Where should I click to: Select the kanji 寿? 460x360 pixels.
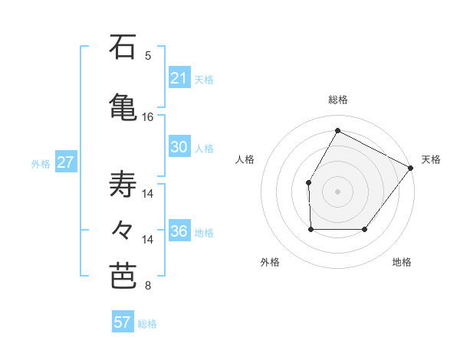pos(123,185)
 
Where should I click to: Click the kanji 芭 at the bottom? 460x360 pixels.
pos(123,276)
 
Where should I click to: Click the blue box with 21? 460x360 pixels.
pos(179,78)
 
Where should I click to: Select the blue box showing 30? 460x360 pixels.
pos(179,148)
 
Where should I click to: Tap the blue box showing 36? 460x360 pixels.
pos(179,231)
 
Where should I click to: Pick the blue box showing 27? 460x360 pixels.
pos(66,162)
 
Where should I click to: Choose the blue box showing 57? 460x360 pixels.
pos(123,322)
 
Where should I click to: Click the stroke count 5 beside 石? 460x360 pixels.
pos(148,56)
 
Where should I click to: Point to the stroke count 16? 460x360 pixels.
pos(148,117)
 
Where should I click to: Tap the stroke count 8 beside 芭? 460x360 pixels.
pos(148,286)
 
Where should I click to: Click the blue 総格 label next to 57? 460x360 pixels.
pos(148,324)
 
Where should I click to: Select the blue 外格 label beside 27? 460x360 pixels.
pos(41,163)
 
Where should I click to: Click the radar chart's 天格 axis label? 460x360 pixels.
pos(431,159)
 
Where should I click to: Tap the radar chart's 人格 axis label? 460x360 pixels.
pos(245,159)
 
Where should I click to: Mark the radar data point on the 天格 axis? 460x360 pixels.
pos(410,168)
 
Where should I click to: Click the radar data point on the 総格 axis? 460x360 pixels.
pos(337,130)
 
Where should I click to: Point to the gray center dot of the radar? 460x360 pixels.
pos(337,191)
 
